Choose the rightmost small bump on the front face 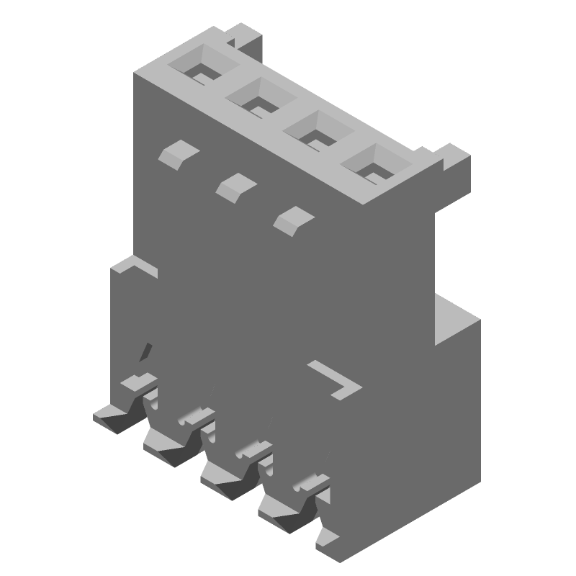pyautogui.click(x=294, y=219)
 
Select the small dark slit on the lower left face pyautogui.click(x=147, y=351)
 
